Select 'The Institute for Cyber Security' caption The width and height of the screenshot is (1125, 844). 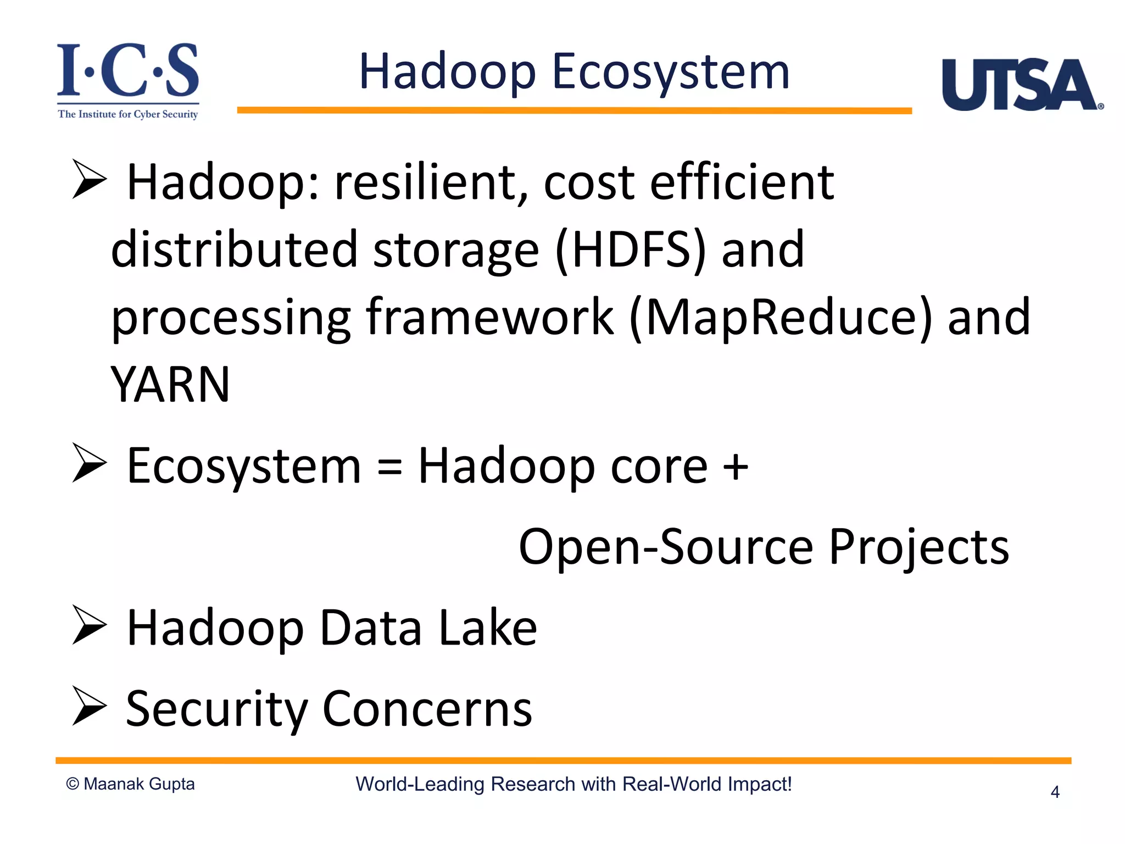coord(128,114)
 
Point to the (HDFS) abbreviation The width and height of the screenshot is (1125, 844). coord(630,250)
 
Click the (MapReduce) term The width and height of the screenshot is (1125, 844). coord(781,317)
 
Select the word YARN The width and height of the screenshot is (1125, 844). coord(170,385)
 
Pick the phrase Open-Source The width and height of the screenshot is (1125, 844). coord(665,547)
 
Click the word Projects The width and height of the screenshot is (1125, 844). coord(918,547)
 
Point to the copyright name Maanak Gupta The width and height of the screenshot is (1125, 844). coord(139,784)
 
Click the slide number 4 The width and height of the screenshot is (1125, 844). coord(1055,792)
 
